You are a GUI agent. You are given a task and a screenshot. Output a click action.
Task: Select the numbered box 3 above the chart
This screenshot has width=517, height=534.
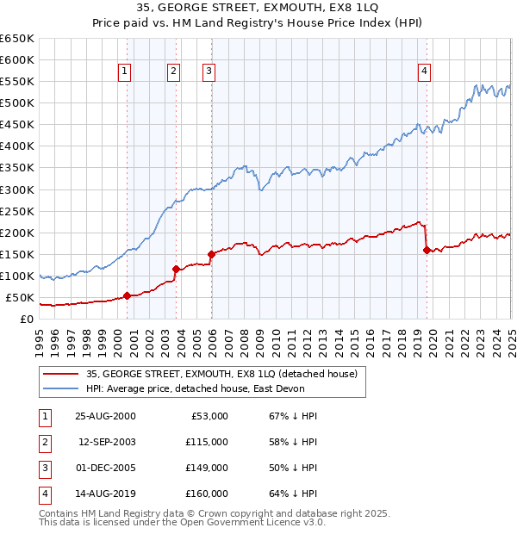point(209,71)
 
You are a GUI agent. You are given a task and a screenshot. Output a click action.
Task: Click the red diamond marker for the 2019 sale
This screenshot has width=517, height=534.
point(427,250)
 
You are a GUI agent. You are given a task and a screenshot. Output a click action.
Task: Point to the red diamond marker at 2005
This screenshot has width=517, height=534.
point(211,254)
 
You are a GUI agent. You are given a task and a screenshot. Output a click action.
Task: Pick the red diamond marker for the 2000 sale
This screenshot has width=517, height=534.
point(128,295)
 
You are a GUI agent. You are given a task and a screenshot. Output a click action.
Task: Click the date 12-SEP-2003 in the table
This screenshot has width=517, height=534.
point(105,442)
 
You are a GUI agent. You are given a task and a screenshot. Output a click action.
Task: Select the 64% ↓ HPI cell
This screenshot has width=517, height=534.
point(294,494)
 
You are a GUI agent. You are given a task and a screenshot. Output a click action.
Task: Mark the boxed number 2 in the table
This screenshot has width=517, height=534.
point(43,442)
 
